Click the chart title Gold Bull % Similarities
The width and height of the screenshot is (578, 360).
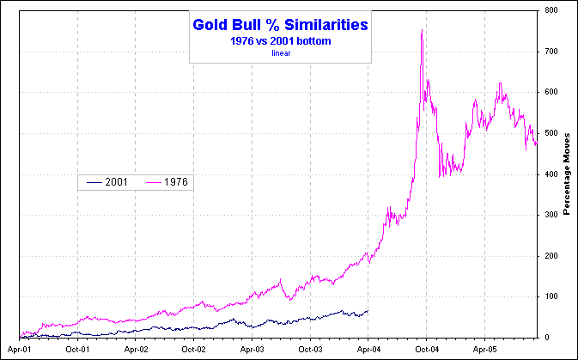click(x=280, y=26)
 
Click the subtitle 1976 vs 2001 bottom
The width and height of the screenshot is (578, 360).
click(x=280, y=41)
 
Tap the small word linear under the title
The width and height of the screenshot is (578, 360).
click(x=281, y=52)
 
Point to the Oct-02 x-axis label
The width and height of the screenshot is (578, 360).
click(x=194, y=350)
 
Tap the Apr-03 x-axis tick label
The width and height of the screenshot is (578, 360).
click(x=252, y=350)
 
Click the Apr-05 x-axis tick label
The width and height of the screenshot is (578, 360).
click(x=484, y=350)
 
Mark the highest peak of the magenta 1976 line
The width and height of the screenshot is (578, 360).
click(x=422, y=31)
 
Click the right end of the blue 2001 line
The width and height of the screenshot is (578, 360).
click(x=368, y=310)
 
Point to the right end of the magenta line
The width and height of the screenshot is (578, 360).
click(x=536, y=144)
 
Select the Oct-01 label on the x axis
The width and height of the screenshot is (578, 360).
click(x=77, y=350)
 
